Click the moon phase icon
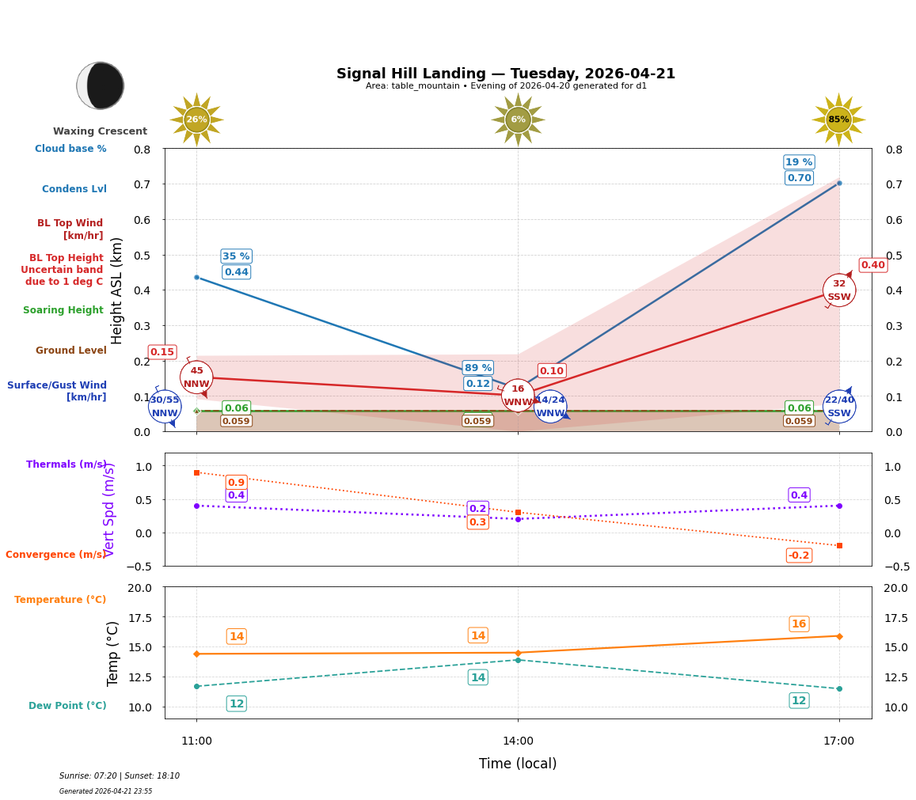coord(101,85)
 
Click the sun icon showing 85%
coord(838,120)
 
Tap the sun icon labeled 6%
coord(518,120)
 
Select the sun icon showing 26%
coord(196,120)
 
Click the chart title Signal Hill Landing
coord(505,74)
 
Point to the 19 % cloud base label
coord(799,162)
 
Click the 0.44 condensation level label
coord(236,272)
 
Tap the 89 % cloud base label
coord(477,368)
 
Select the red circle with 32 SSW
coord(838,290)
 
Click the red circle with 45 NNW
coord(196,377)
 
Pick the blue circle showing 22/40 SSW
coord(838,407)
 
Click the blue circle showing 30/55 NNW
coord(165,407)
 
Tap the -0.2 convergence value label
coord(799,555)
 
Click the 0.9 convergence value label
coord(236,483)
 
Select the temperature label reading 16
coord(799,624)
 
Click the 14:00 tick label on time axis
coord(518,741)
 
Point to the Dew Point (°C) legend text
coord(67,706)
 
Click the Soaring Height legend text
coord(63,310)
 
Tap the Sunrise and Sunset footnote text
coord(120,776)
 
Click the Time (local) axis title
coord(518,764)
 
